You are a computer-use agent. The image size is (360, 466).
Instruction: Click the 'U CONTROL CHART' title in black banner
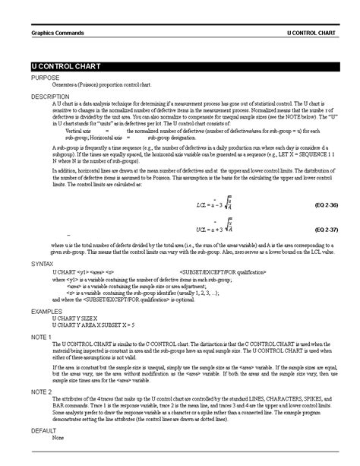pyautogui.click(x=62, y=68)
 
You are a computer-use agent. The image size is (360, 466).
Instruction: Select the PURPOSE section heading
pyautogui.click(x=44, y=78)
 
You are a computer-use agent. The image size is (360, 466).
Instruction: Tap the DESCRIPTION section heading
pyautogui.click(x=50, y=97)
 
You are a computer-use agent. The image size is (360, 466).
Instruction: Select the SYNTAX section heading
pyautogui.click(x=43, y=263)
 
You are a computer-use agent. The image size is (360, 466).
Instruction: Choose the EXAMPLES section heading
pyautogui.click(x=47, y=311)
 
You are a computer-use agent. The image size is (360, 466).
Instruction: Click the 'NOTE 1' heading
pyautogui.click(x=41, y=336)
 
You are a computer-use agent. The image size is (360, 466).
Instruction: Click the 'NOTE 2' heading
pyautogui.click(x=41, y=392)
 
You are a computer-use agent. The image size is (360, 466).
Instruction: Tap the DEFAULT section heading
pyautogui.click(x=44, y=430)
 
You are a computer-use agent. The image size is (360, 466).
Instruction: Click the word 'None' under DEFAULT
pyautogui.click(x=58, y=437)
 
